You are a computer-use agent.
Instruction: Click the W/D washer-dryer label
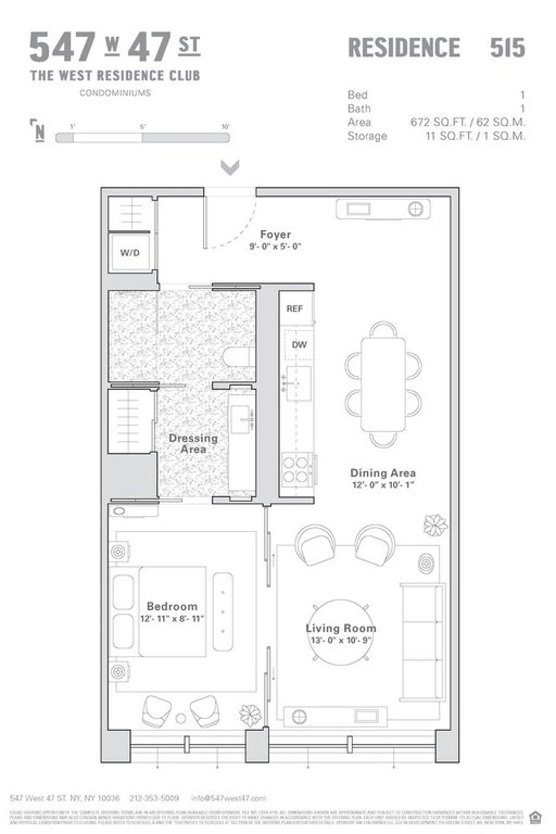click(130, 253)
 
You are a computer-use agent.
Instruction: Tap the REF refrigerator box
click(295, 309)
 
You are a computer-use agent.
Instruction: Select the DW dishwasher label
click(299, 345)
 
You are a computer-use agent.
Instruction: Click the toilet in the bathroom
click(239, 357)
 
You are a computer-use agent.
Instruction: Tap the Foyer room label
click(275, 234)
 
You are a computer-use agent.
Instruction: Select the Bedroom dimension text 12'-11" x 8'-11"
click(172, 619)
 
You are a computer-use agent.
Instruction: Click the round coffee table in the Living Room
click(341, 632)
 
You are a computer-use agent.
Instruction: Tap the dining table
click(383, 385)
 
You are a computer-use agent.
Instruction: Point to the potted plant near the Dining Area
click(436, 525)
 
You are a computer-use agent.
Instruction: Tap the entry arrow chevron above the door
click(230, 167)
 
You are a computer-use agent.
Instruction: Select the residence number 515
click(507, 48)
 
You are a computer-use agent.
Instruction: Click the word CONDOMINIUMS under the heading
click(115, 93)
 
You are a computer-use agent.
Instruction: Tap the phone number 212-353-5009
click(155, 798)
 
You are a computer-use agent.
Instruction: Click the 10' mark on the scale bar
click(226, 126)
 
